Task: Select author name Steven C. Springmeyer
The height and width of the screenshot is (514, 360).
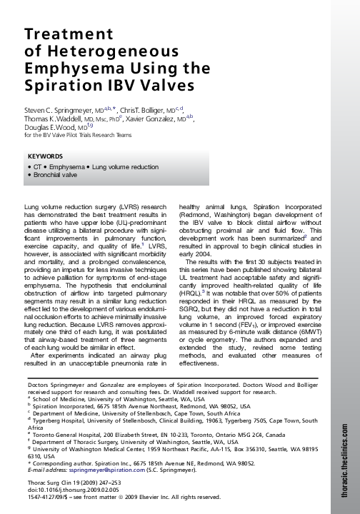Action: pyautogui.click(x=61, y=110)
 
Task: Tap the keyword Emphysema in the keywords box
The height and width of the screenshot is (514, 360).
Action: pyautogui.click(x=65, y=166)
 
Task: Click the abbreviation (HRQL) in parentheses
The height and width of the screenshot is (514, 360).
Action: pyautogui.click(x=191, y=292)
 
